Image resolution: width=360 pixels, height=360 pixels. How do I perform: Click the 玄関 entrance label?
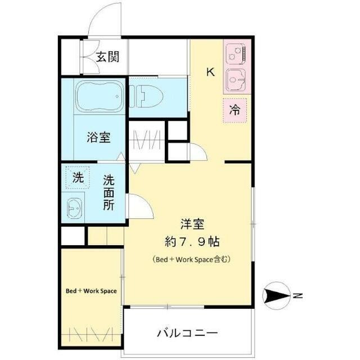click(107, 56)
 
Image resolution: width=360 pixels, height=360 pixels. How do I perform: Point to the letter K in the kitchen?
click(210, 72)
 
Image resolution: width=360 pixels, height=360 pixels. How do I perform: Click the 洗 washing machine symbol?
click(77, 179)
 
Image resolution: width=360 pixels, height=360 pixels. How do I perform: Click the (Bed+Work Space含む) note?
click(192, 260)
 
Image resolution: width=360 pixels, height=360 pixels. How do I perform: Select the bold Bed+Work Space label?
click(91, 291)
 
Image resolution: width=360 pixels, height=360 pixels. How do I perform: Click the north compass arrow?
click(276, 295)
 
